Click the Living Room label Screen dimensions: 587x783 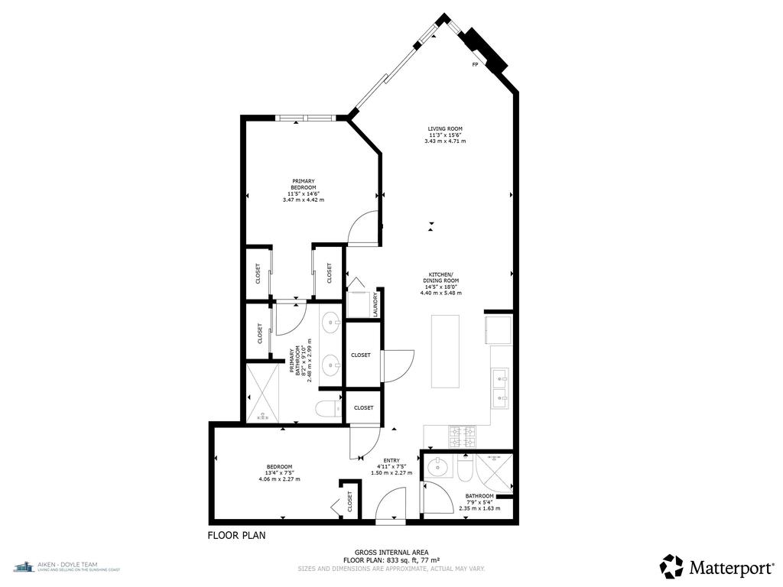tap(445, 135)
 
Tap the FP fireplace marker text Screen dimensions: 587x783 tap(475, 65)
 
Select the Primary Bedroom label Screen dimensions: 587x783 tap(304, 190)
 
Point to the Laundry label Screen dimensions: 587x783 tap(375, 304)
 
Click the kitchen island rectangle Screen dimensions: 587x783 tap(446, 351)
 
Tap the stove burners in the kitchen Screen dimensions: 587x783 tap(462, 436)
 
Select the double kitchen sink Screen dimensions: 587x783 tap(500, 386)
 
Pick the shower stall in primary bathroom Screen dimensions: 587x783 tap(262, 393)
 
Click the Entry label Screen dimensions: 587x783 tap(391, 466)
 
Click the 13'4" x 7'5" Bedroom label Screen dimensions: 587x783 tap(279, 472)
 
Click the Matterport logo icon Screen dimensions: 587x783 tap(672, 566)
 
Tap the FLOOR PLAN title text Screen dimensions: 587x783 tap(236, 536)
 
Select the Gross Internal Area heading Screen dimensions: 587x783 tap(391, 553)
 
